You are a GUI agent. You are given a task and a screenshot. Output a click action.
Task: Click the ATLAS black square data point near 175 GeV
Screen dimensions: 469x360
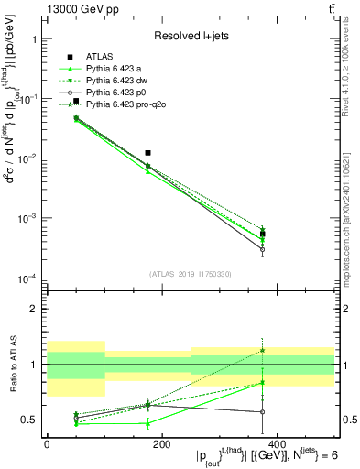coord(147,153)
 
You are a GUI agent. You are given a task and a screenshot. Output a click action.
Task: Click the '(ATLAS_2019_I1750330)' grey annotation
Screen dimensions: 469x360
coord(191,274)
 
